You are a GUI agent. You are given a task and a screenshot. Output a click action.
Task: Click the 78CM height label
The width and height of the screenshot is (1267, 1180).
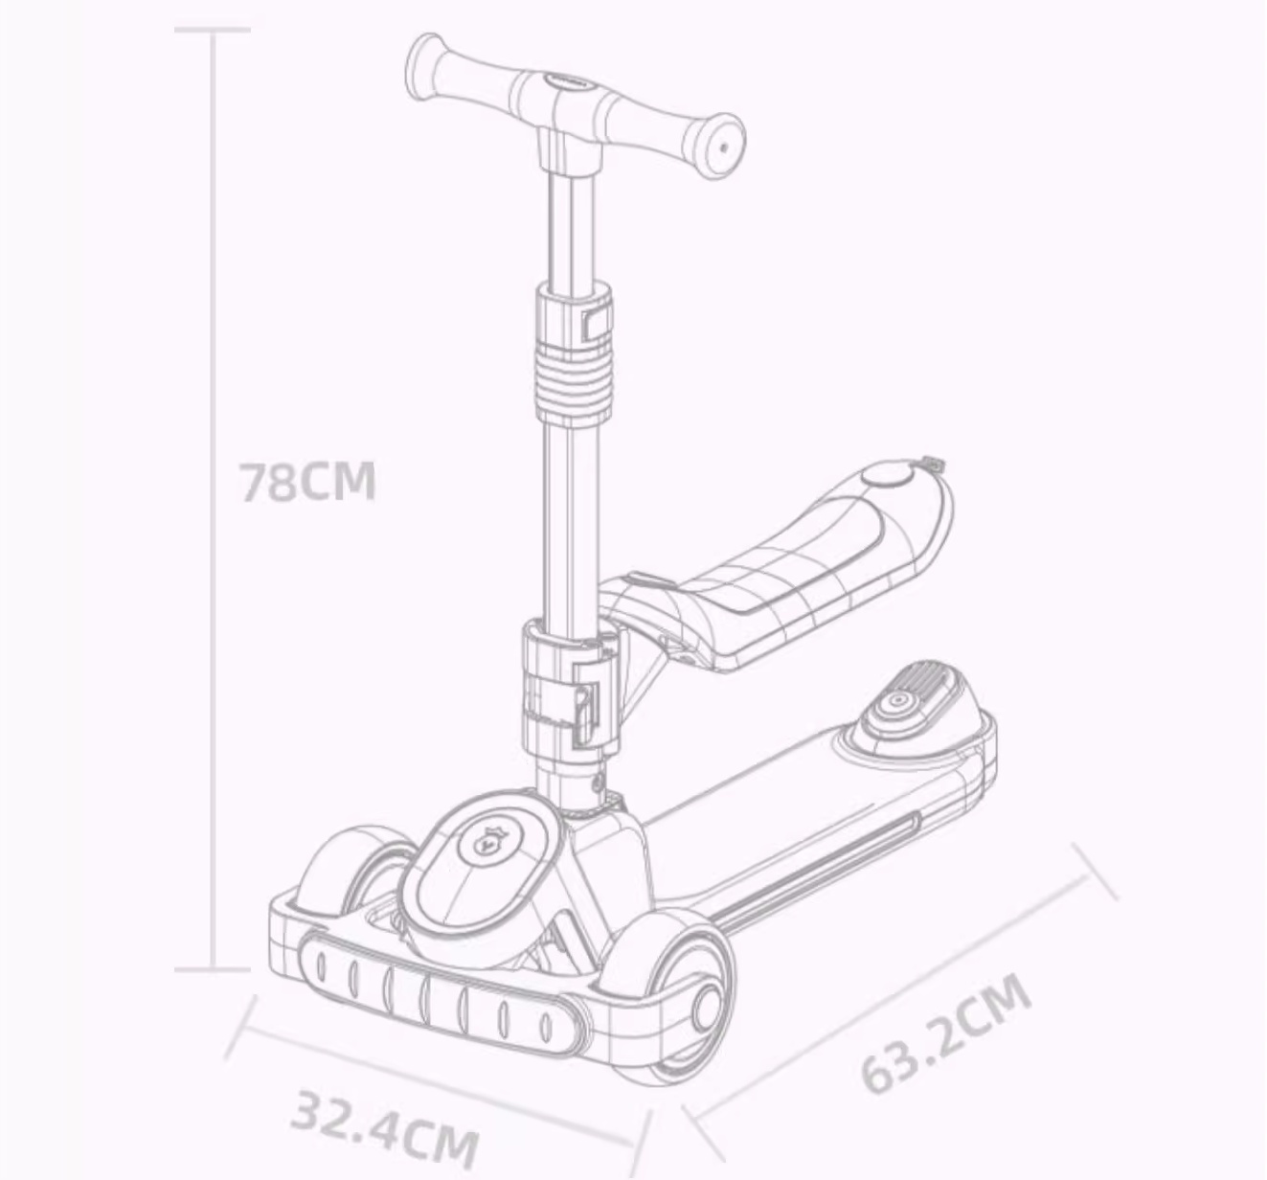(308, 482)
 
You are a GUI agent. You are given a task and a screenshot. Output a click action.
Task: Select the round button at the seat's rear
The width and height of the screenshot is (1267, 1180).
(888, 477)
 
